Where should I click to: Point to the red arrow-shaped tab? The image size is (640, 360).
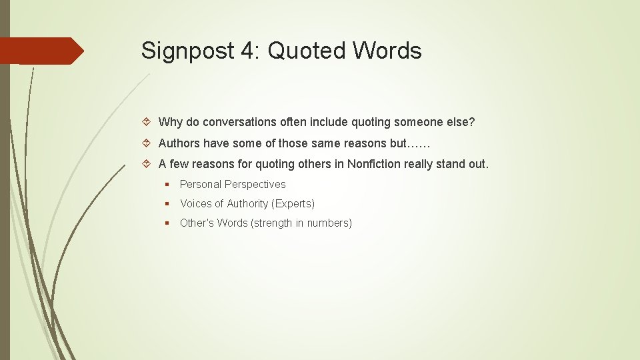click(41, 51)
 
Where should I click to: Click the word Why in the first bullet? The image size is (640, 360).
click(170, 123)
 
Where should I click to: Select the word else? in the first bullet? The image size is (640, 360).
click(459, 123)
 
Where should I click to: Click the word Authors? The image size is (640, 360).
click(179, 143)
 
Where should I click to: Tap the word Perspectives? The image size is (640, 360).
click(255, 185)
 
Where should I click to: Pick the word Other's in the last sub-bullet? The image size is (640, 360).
click(197, 223)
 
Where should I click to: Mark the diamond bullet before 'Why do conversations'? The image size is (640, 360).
click(147, 123)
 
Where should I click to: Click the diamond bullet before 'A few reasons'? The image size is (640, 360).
click(147, 164)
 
